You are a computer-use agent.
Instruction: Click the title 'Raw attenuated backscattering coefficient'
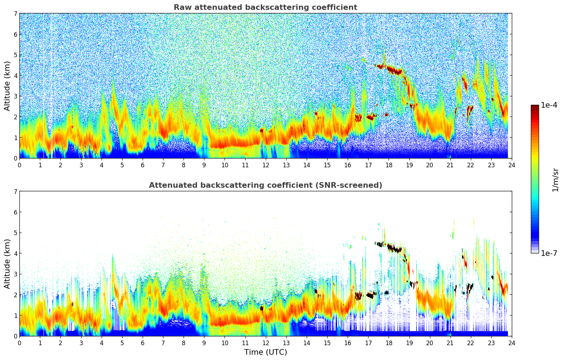(265, 7)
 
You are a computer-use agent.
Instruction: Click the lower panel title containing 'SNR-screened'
(265, 185)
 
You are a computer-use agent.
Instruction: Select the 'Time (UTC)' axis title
(265, 352)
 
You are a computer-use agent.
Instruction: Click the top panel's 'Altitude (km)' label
(7, 86)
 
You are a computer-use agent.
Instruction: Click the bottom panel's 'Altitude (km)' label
(7, 264)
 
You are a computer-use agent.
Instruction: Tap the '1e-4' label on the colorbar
(549, 105)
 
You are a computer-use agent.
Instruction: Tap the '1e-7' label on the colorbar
(549, 253)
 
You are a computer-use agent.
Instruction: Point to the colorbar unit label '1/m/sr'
(555, 180)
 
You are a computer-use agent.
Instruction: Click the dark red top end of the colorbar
(535, 107)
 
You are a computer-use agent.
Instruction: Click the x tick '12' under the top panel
(265, 165)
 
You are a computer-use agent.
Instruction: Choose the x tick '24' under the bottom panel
(511, 343)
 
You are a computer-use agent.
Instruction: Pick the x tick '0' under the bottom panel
(19, 343)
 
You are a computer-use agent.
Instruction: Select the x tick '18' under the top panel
(389, 165)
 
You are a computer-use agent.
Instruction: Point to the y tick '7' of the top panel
(15, 13)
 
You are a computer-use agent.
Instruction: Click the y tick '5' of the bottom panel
(15, 233)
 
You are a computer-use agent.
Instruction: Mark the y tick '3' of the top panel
(15, 96)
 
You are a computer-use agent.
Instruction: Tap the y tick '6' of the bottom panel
(15, 212)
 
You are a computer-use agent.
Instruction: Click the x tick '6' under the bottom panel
(143, 343)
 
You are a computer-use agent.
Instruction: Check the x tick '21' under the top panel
(450, 165)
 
